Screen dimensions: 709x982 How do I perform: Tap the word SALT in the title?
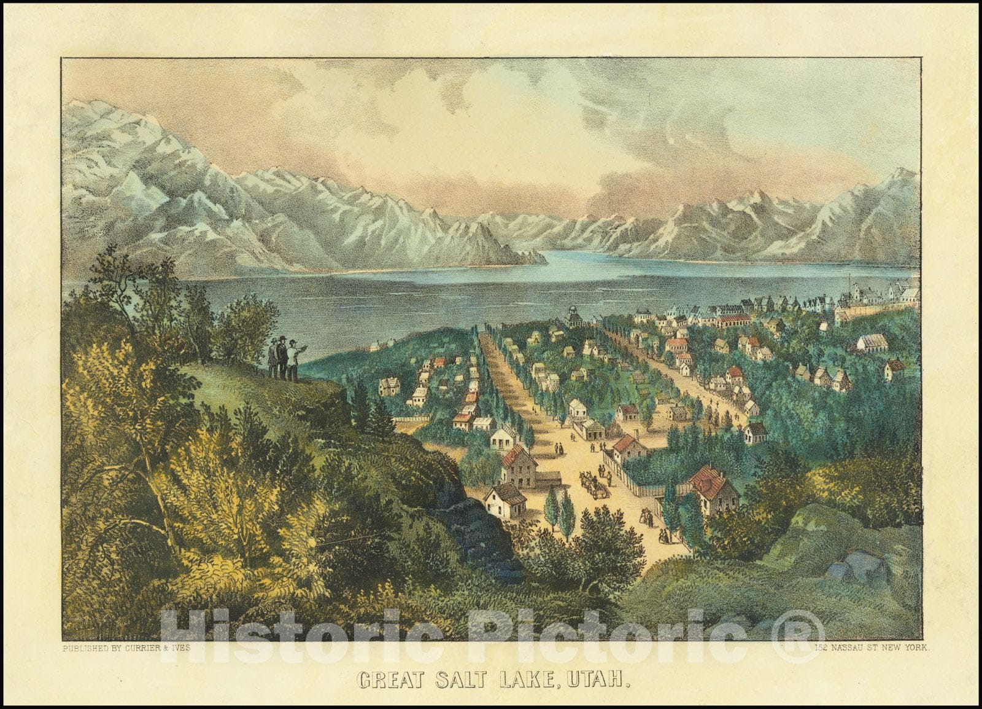point(465,679)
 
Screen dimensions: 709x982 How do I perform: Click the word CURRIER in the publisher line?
point(147,647)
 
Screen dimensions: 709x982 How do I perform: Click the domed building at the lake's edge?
point(574,316)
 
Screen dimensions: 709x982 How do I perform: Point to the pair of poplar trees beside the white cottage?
point(560,513)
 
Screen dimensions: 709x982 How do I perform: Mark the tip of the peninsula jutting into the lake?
point(543,260)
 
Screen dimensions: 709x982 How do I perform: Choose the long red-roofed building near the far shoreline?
point(733,320)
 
